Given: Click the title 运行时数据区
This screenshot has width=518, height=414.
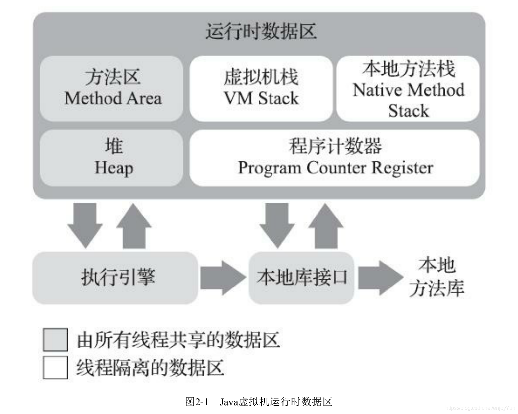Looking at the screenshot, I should pos(261,32).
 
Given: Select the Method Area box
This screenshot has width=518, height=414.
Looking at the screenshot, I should pos(112,88).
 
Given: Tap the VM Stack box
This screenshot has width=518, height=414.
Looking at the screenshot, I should pos(261,88).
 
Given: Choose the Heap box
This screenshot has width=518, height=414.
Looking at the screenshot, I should pos(112,158).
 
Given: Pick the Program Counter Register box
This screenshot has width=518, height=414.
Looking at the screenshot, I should pos(335,158).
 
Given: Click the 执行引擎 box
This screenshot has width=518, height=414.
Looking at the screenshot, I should pos(115,278).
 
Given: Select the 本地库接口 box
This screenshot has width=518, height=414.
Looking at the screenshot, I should pos(301,278).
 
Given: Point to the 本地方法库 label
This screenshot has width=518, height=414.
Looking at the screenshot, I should pos(436,278).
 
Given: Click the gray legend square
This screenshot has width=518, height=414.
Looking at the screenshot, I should pos(56,339).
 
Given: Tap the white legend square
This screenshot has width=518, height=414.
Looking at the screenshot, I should pos(56,367).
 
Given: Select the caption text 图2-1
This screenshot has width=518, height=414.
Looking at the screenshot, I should pos(197,402).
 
